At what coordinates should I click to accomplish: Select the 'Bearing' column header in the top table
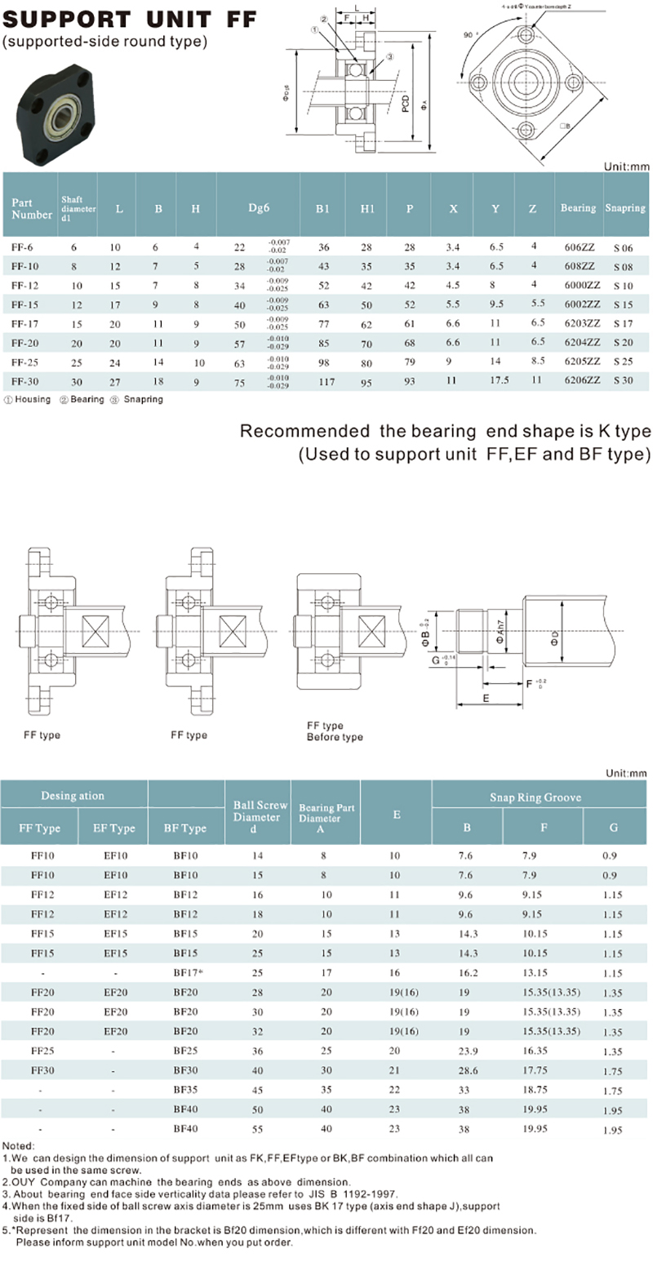[578, 208]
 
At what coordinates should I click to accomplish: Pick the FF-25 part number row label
[24, 361]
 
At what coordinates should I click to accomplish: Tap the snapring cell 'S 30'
[623, 380]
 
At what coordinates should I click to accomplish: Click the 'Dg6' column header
[255, 208]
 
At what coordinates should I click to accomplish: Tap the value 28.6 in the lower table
[467, 1069]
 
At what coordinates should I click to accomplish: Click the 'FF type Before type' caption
[335, 731]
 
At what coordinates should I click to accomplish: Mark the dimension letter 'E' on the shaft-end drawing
[486, 699]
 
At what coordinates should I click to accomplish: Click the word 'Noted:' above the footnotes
[17, 1146]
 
